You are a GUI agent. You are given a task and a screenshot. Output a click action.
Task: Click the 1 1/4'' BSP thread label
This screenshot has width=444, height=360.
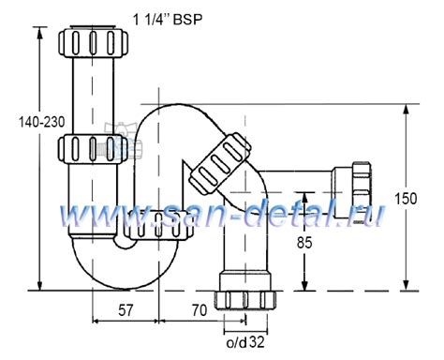pyautogui.click(x=168, y=20)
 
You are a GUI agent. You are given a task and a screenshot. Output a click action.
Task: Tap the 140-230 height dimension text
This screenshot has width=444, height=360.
pyautogui.click(x=42, y=122)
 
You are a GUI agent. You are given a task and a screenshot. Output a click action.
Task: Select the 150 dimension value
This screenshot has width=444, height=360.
pyautogui.click(x=406, y=199)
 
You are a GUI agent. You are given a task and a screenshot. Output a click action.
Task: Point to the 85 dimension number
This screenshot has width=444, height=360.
pyautogui.click(x=304, y=243)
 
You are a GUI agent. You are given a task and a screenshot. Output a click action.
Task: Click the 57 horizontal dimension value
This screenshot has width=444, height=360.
pyautogui.click(x=126, y=310)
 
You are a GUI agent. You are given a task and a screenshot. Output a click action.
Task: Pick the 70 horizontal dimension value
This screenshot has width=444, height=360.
pyautogui.click(x=200, y=310)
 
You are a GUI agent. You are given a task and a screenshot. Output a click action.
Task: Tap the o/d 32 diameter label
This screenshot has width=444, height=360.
pyautogui.click(x=245, y=343)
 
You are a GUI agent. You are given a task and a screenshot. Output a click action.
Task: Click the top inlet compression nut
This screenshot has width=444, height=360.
pyautogui.click(x=93, y=42)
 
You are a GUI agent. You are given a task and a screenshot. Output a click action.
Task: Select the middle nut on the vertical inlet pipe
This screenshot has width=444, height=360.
pyautogui.click(x=93, y=149)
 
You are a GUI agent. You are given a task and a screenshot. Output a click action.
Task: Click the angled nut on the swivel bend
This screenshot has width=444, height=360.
pyautogui.click(x=220, y=163)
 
